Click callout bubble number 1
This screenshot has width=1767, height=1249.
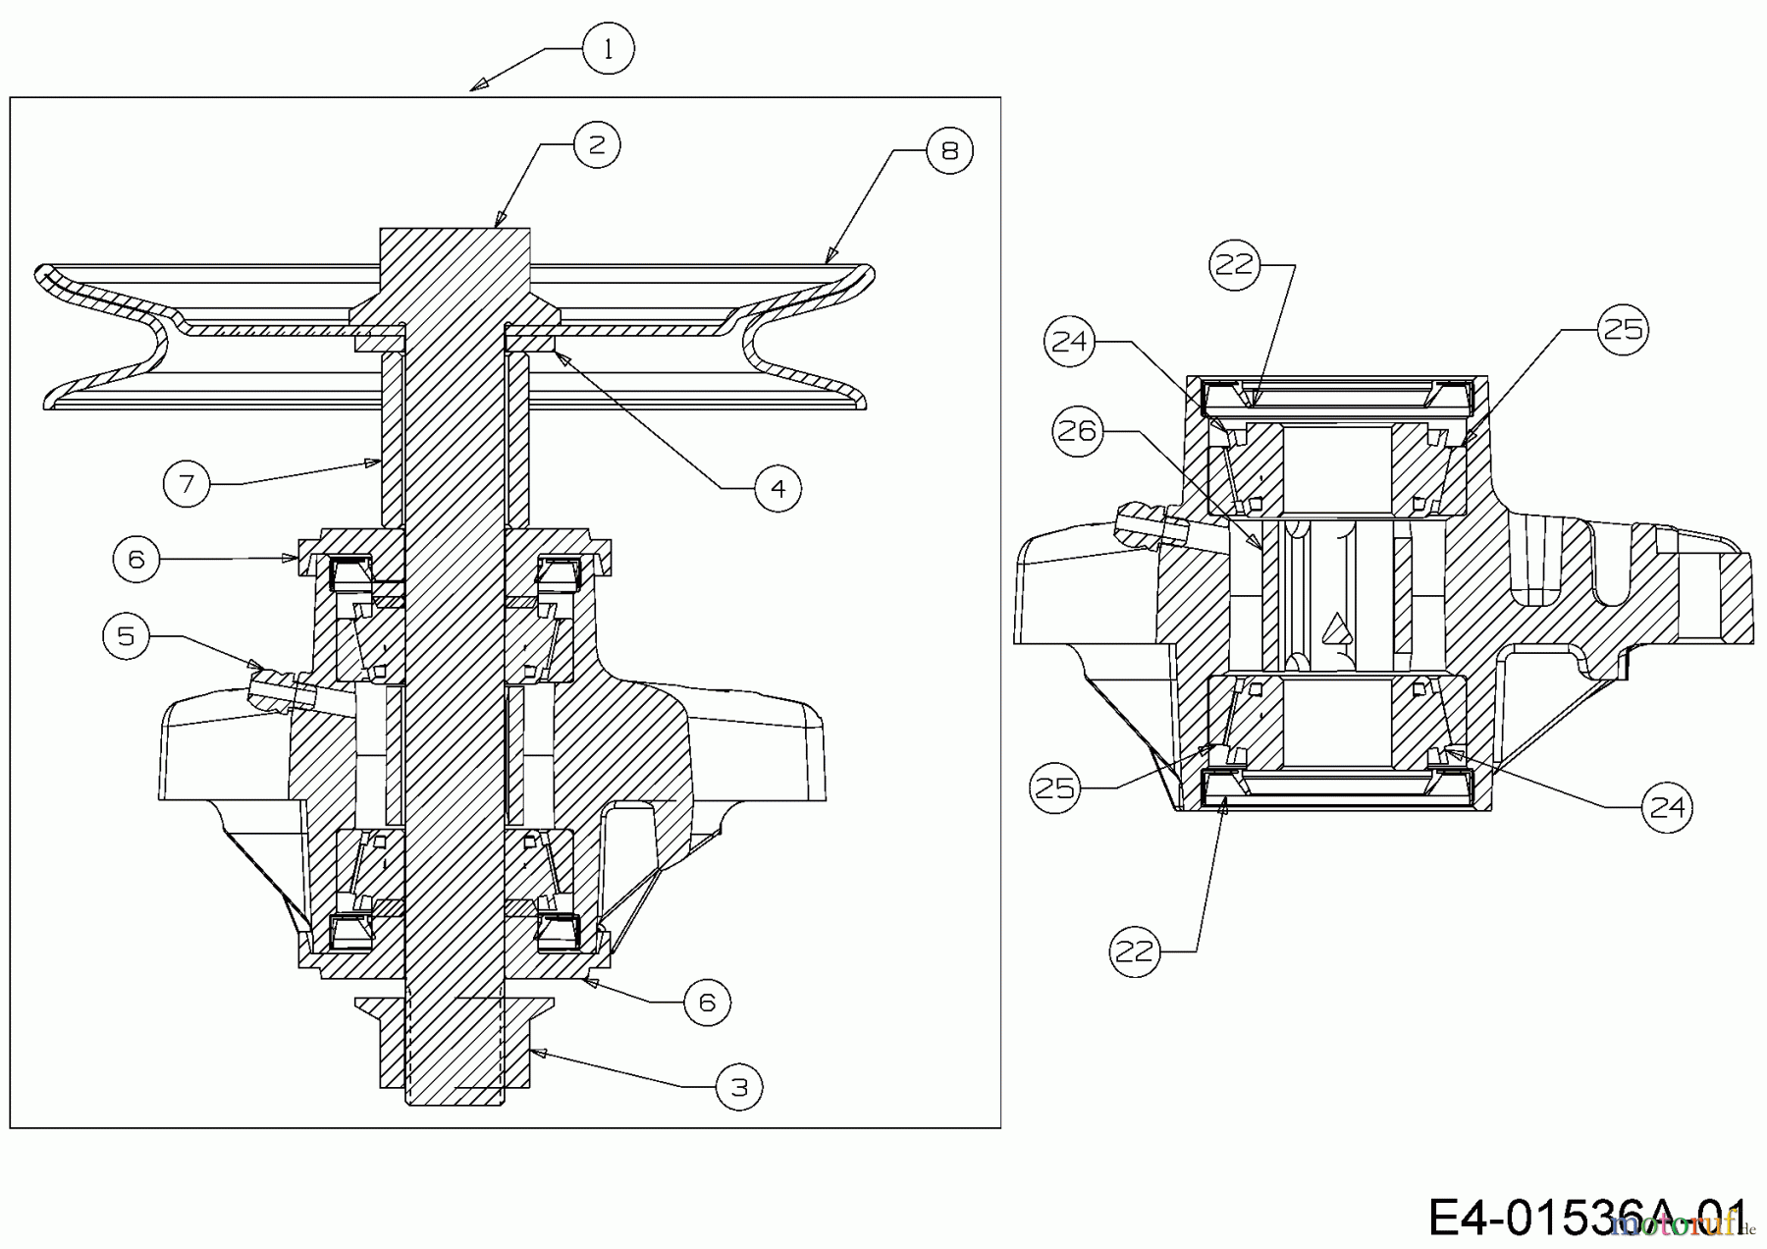coord(608,49)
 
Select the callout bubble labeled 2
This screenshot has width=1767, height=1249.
coord(597,145)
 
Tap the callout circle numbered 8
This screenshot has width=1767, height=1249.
coord(949,150)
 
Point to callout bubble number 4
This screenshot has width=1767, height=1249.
coord(778,488)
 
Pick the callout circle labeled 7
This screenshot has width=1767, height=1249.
coord(187,483)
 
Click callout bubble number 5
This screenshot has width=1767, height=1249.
coord(127,636)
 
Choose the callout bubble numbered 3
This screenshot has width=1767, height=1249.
coord(739,1087)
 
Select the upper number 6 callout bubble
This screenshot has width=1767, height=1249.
coord(136,559)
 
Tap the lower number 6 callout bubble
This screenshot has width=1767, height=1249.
coord(707,1003)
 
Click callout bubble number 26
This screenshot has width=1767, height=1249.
coord(1078,430)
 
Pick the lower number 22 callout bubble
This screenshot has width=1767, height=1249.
coord(1135,951)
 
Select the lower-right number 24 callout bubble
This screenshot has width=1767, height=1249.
coord(1667,807)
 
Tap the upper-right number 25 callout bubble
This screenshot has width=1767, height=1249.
coord(1622,329)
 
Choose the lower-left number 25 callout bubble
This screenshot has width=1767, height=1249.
coord(1055,787)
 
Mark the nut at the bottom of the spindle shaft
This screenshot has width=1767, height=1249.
coord(455,1043)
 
